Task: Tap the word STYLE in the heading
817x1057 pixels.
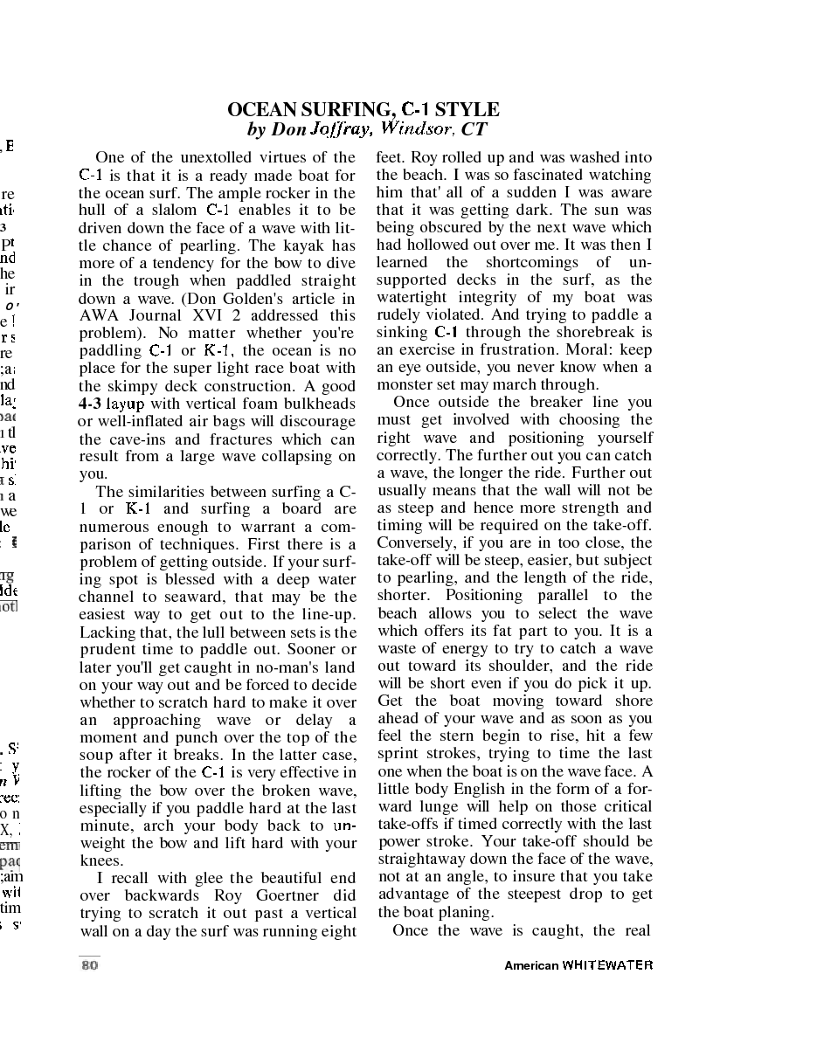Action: (x=467, y=110)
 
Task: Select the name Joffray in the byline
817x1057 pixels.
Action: (x=341, y=130)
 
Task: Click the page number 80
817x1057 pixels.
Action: (x=89, y=965)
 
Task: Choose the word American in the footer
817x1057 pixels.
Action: (x=531, y=965)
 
